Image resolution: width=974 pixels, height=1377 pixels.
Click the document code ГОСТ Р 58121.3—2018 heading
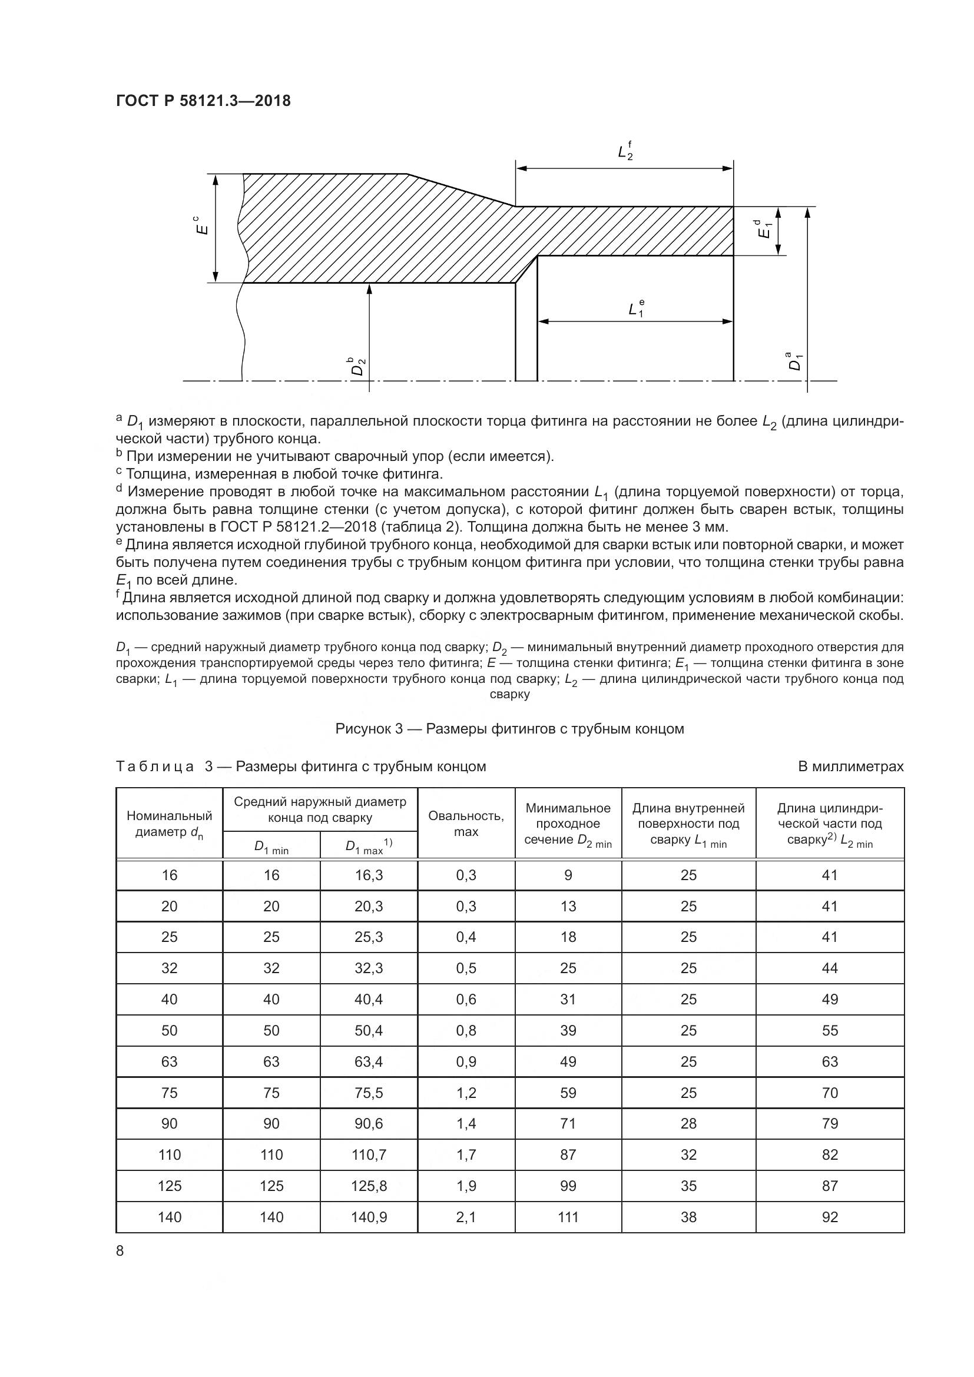coord(203,101)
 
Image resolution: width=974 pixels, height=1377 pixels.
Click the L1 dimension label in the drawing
coord(636,308)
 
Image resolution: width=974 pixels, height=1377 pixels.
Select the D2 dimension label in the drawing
coord(358,366)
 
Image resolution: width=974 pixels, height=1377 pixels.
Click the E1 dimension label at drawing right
coord(764,230)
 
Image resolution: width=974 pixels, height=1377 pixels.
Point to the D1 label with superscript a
coord(794,361)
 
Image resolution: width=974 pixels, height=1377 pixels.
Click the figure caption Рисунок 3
coord(509,729)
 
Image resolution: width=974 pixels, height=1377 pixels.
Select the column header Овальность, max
coord(466,824)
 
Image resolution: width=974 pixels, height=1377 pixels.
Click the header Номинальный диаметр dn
coord(169,824)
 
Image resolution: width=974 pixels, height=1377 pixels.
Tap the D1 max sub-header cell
coord(368,846)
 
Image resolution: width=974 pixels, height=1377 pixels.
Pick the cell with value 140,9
coord(369,1217)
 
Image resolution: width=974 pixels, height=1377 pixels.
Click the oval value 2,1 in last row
coord(466,1217)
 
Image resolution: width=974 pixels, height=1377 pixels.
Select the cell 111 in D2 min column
coord(568,1217)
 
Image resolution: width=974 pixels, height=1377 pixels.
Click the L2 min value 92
coord(830,1217)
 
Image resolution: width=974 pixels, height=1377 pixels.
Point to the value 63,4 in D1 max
coord(369,1061)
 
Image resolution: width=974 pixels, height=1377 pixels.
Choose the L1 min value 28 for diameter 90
coord(688,1123)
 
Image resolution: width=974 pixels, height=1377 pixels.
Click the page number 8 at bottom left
coord(120,1250)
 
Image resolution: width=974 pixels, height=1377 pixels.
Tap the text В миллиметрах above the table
coord(850,767)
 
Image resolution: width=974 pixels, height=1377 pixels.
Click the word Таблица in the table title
coord(155,767)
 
